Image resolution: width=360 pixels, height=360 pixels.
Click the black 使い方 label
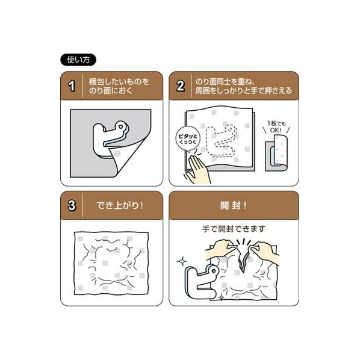point(78,60)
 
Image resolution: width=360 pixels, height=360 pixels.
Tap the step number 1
point(72,86)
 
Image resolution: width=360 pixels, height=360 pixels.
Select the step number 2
point(180,86)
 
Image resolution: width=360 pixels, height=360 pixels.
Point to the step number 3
point(72,205)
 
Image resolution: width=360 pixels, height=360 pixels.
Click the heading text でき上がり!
point(120,205)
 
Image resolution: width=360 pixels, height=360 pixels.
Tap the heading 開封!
point(233,205)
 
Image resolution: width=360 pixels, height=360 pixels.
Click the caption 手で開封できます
point(234,229)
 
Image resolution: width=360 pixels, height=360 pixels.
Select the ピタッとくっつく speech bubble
point(188,139)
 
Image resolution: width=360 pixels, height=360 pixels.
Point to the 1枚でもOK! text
point(276,127)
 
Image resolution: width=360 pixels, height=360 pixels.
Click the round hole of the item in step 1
point(120,126)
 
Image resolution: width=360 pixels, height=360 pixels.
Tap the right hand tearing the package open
point(265,252)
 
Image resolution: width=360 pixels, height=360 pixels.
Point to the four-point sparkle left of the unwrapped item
point(182,261)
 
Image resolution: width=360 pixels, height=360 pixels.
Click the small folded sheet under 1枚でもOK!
point(277,154)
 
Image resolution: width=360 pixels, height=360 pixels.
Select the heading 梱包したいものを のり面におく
point(119,86)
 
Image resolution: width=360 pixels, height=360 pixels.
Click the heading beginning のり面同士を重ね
point(243,86)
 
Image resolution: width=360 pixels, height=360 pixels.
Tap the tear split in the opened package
point(243,259)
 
